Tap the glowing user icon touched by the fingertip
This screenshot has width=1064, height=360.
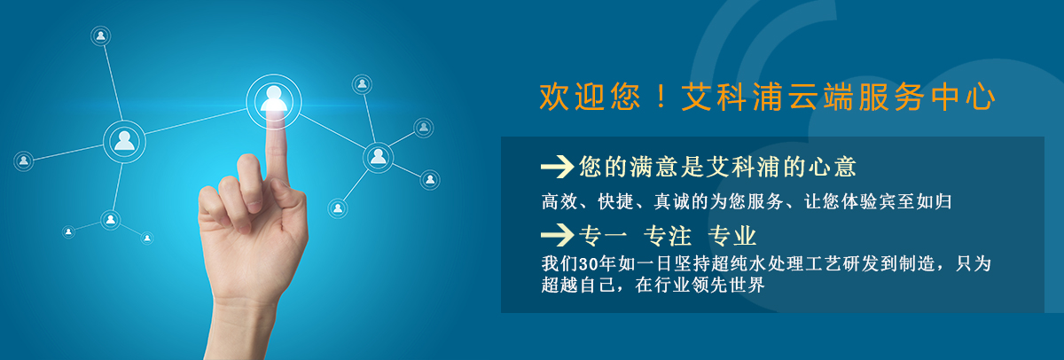pos(274,101)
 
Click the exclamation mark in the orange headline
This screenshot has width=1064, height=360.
pos(661,97)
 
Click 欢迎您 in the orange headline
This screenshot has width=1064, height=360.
pos(590,97)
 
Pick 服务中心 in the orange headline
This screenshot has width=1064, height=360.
pos(927,97)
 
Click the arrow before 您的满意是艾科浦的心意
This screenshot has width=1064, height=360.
pos(557,167)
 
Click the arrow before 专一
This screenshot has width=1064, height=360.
pos(557,235)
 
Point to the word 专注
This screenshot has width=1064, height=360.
pos(668,236)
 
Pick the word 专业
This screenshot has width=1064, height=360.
pos(732,236)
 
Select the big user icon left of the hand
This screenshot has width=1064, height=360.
pos(124,142)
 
